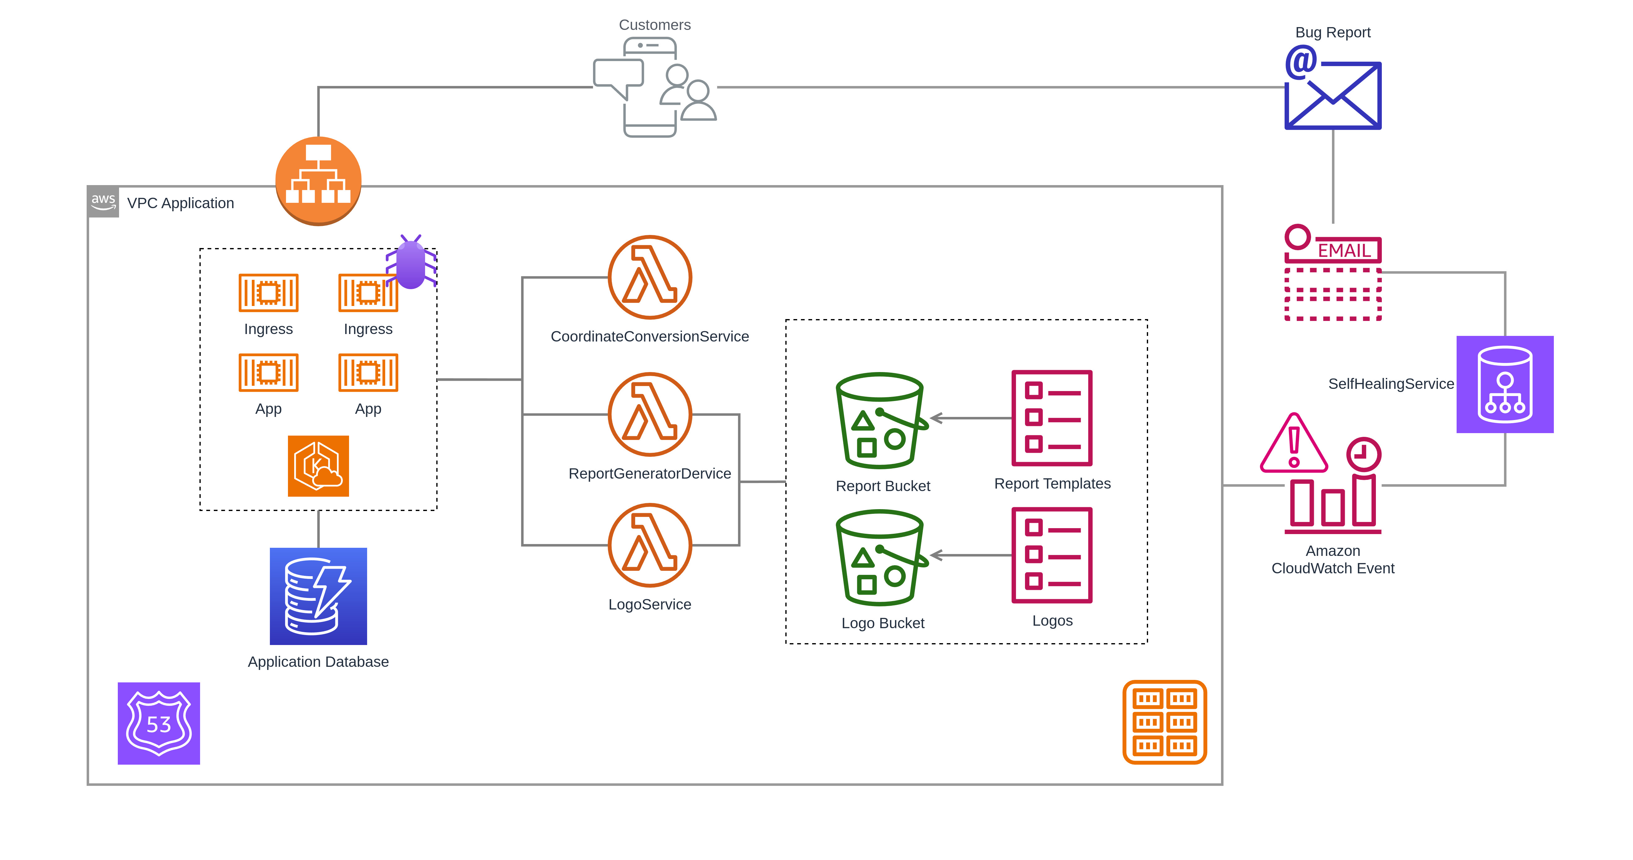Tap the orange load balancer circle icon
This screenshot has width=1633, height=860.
click(x=318, y=181)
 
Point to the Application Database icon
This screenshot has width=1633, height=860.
click(x=318, y=596)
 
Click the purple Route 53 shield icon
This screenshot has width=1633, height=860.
click(x=159, y=723)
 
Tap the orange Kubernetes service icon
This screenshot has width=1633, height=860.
click(x=318, y=466)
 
